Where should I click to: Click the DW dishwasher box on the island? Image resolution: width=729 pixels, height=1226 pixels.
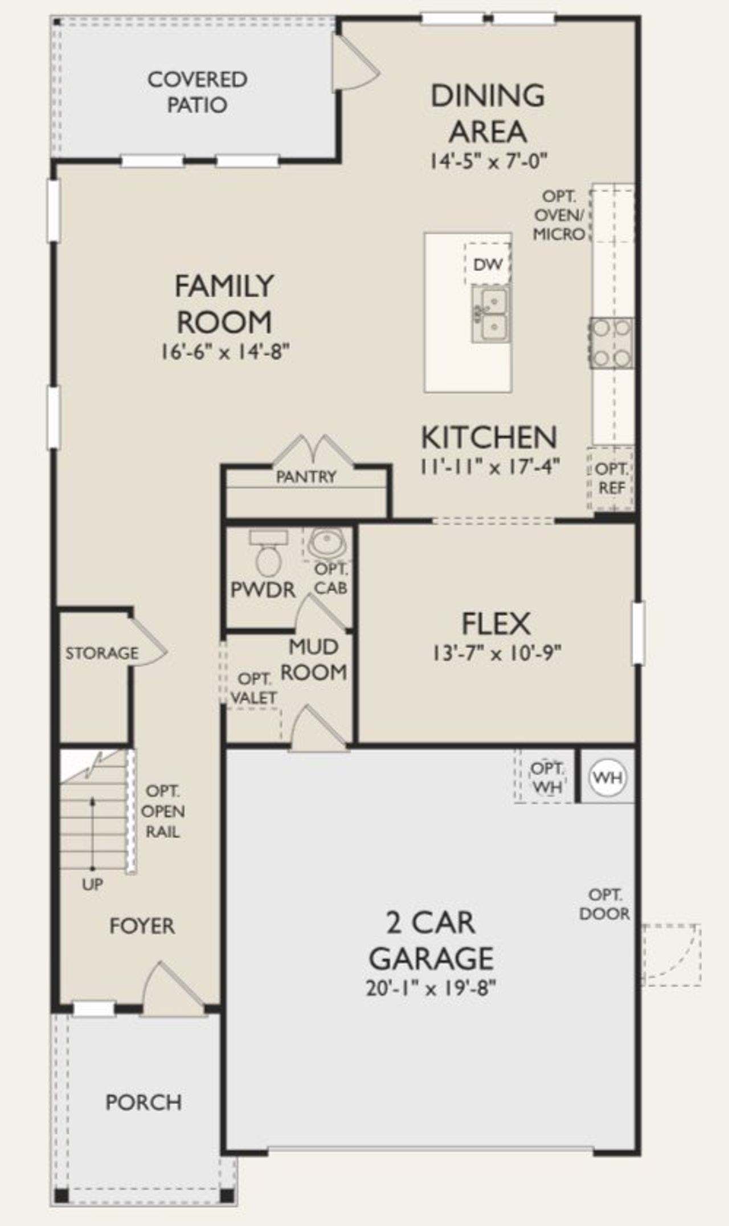click(488, 264)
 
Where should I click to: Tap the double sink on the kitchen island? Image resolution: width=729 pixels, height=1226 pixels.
click(490, 313)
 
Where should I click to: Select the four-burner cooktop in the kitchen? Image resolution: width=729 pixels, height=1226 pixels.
click(611, 343)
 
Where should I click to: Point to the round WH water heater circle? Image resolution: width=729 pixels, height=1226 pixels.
click(608, 777)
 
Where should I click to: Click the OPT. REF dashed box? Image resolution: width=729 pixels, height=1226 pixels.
click(611, 479)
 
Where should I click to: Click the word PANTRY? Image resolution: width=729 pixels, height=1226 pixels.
click(306, 476)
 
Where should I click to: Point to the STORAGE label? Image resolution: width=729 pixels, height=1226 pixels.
click(101, 653)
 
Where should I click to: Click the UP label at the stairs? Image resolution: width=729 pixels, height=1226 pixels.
click(92, 885)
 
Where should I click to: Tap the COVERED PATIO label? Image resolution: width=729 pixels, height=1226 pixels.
click(197, 92)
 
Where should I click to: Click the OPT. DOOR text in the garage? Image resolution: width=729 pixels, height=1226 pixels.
click(604, 904)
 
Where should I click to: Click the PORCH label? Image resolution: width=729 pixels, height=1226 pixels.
click(144, 1102)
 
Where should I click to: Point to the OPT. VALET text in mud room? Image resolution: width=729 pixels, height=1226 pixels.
click(254, 688)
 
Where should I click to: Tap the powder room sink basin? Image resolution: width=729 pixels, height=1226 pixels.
click(326, 543)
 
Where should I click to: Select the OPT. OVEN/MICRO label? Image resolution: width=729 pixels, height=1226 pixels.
click(559, 215)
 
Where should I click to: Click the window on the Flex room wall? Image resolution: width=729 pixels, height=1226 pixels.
click(638, 632)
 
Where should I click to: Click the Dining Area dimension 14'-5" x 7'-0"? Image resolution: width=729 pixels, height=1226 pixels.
click(488, 161)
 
